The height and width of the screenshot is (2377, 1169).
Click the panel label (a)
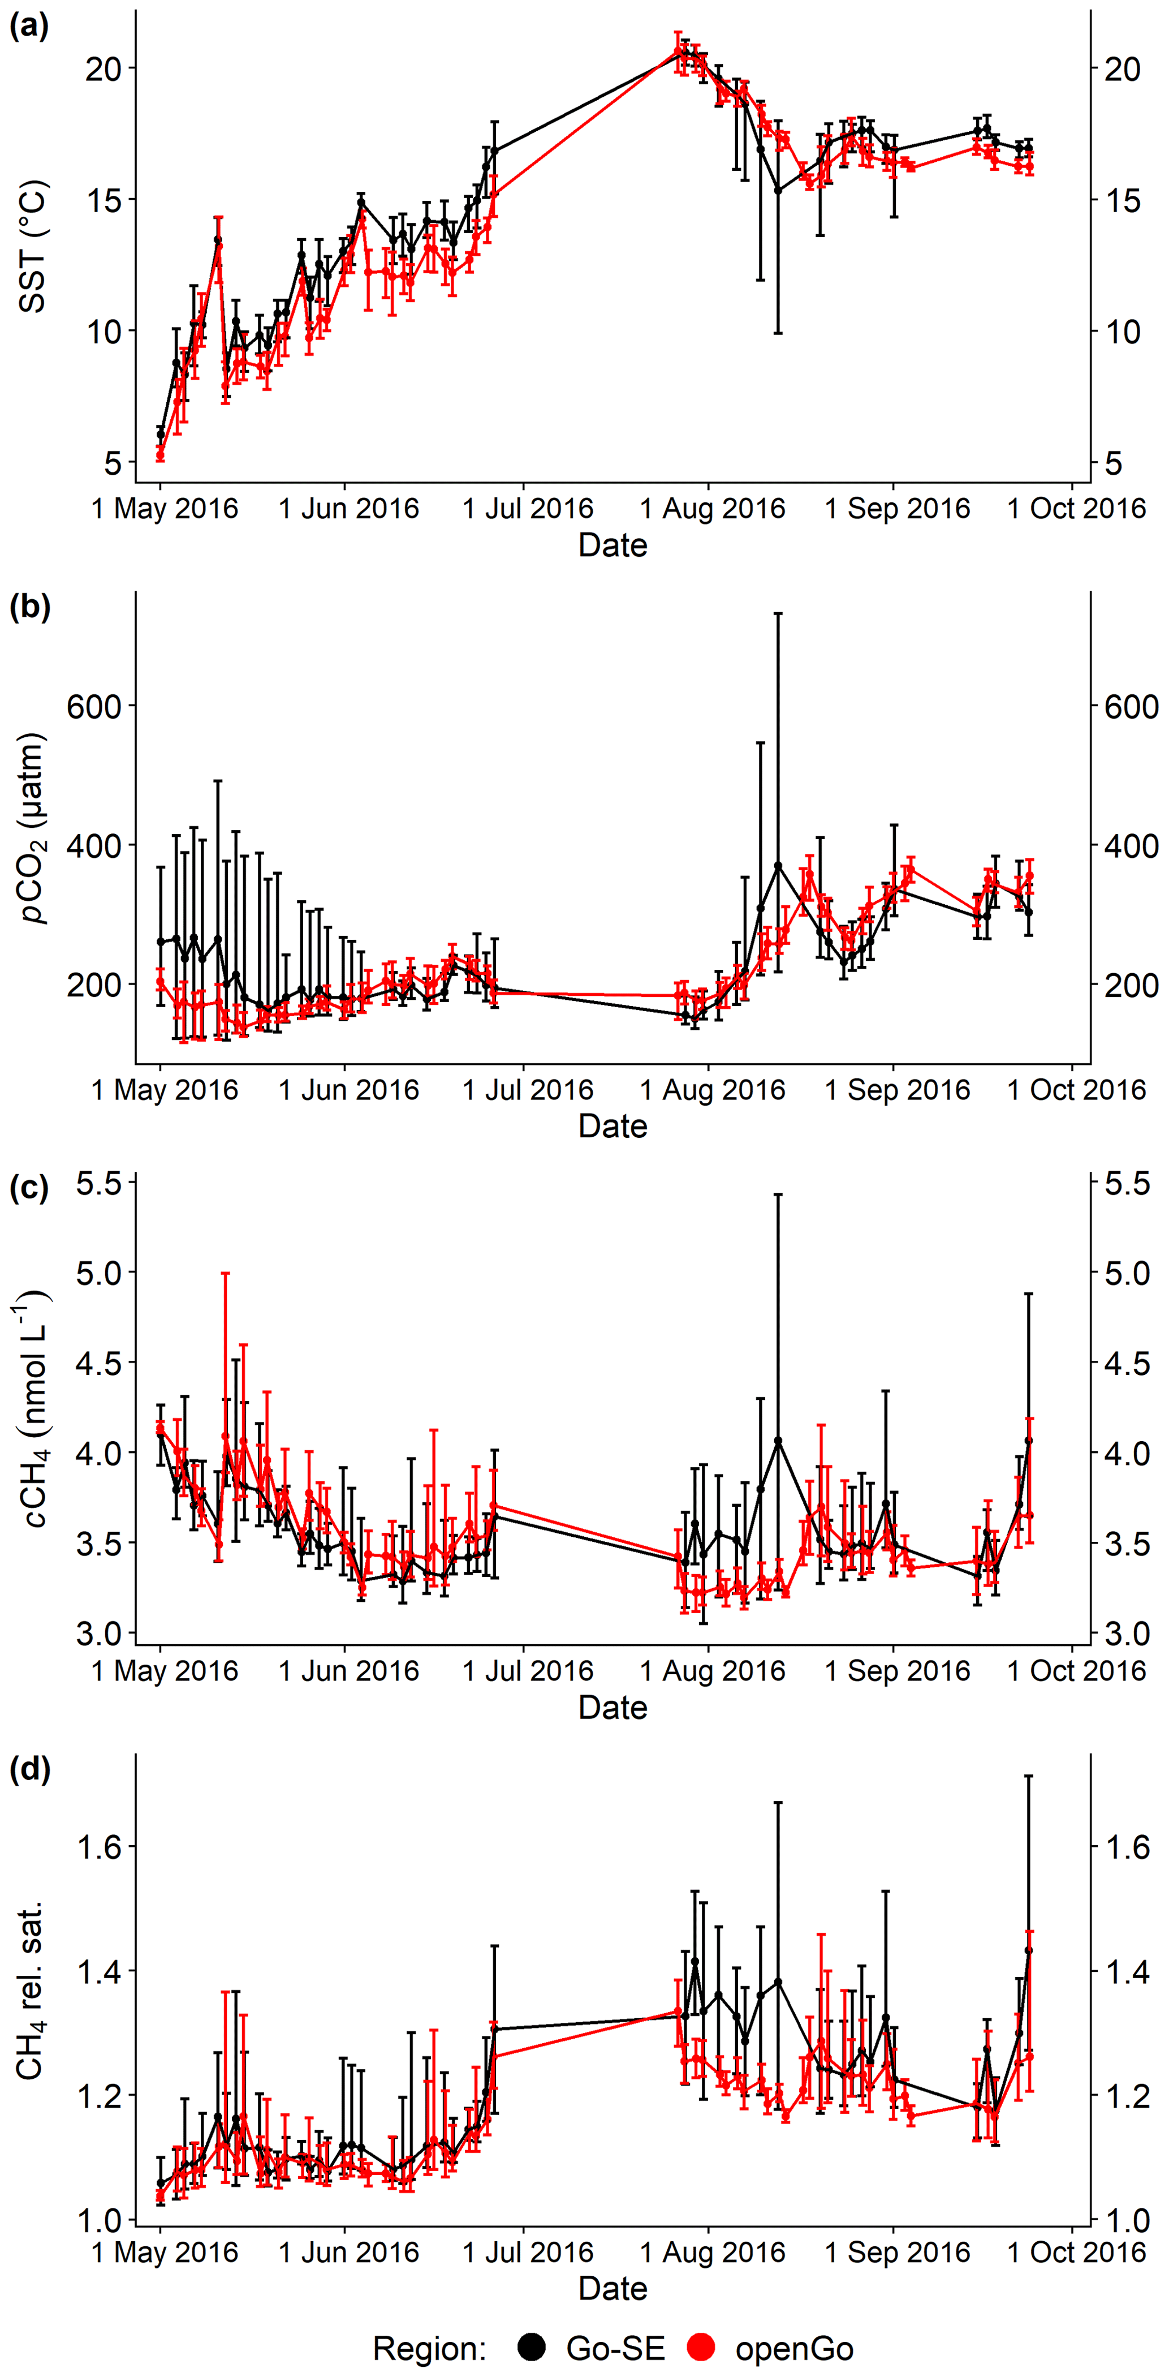pyautogui.click(x=29, y=26)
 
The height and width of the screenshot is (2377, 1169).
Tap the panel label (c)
pyautogui.click(x=29, y=1188)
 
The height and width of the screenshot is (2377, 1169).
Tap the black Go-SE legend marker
pyautogui.click(x=532, y=2348)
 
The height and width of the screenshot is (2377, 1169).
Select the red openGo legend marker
pyautogui.click(x=702, y=2348)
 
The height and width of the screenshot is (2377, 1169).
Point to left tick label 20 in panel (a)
pyautogui.click(x=103, y=68)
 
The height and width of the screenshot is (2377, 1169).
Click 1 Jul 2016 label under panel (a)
pyautogui.click(x=527, y=509)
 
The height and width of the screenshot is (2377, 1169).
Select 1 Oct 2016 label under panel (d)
pyautogui.click(x=1076, y=2253)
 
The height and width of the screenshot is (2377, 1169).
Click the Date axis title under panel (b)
pyautogui.click(x=612, y=1126)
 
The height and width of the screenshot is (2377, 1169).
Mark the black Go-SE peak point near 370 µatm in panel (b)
pyautogui.click(x=778, y=866)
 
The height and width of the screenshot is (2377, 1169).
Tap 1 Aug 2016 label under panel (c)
pyautogui.click(x=712, y=1671)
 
